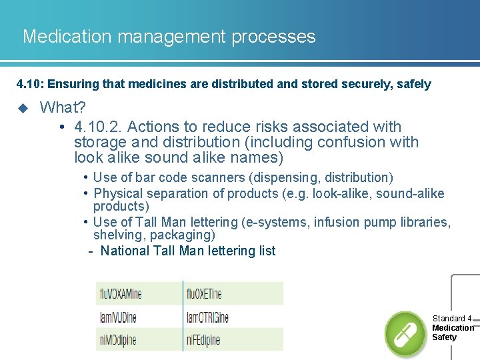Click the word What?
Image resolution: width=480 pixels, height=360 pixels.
point(63,107)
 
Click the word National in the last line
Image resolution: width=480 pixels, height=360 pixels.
point(125,251)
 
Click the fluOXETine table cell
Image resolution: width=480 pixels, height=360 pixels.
point(205,293)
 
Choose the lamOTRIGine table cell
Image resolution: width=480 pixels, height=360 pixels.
point(208,317)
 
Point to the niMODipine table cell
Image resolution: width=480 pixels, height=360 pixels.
point(118,340)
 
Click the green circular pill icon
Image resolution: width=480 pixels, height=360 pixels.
point(406,333)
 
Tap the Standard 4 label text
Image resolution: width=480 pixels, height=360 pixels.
point(451,319)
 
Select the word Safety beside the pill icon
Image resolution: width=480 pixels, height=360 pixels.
point(445,337)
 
